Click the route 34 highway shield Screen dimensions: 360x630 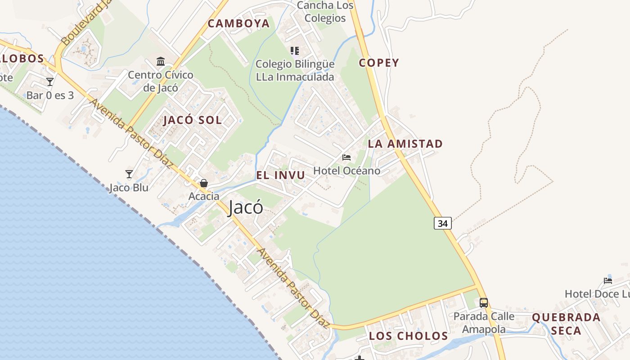pyautogui.click(x=443, y=223)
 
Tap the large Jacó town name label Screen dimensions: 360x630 pyautogui.click(x=245, y=208)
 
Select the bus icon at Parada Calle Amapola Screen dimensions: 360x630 pyautogui.click(x=483, y=303)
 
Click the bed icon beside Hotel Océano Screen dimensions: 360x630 pyautogui.click(x=346, y=157)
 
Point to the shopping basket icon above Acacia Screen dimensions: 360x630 pyautogui.click(x=204, y=183)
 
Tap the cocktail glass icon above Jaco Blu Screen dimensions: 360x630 pyautogui.click(x=129, y=174)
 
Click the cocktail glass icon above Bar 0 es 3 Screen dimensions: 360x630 pyautogui.click(x=50, y=82)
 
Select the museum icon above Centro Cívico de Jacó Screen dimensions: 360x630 pyautogui.click(x=161, y=61)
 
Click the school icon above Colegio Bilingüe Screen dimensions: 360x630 pyautogui.click(x=295, y=51)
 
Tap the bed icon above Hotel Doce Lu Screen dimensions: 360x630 pyautogui.click(x=608, y=280)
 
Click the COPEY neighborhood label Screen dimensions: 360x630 pyautogui.click(x=379, y=63)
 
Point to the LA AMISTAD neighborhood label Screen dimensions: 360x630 pyautogui.click(x=405, y=144)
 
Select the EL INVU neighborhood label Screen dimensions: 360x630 pyautogui.click(x=280, y=175)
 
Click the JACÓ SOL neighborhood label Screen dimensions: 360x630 pyautogui.click(x=193, y=120)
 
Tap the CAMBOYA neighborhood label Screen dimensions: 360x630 pyautogui.click(x=238, y=23)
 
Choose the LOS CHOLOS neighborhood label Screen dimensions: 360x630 pyautogui.click(x=409, y=336)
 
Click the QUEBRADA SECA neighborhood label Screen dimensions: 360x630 pyautogui.click(x=566, y=324)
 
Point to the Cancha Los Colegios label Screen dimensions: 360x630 pyautogui.click(x=325, y=12)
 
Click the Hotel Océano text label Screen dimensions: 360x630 pyautogui.click(x=346, y=171)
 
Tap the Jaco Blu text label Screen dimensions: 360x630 pyautogui.click(x=129, y=188)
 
